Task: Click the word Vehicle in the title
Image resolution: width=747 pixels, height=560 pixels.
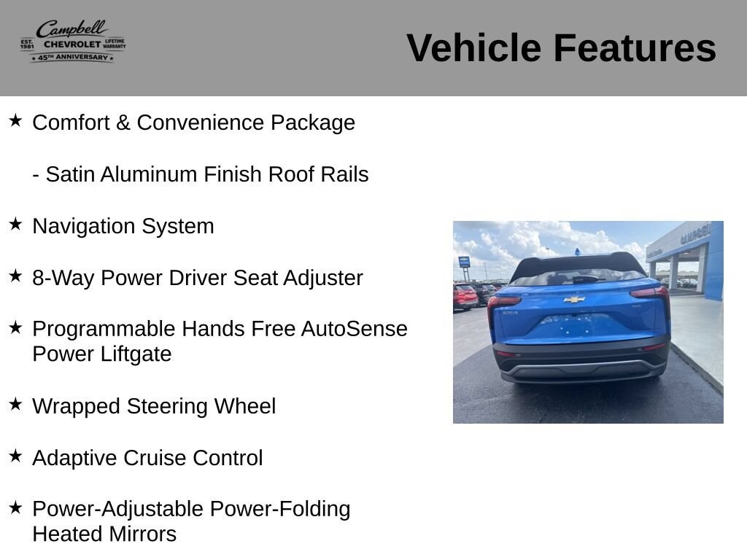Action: [473, 47]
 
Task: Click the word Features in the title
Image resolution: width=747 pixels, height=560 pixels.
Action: [635, 47]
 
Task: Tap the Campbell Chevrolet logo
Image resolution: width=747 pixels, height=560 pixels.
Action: [73, 41]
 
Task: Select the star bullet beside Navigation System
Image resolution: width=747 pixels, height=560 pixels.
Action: [15, 224]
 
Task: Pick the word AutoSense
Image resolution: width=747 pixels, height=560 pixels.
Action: [354, 329]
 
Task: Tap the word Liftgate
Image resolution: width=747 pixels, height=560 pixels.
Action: [136, 354]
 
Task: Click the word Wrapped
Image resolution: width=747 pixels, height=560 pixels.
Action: [76, 407]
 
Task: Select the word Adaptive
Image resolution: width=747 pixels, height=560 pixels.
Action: [74, 458]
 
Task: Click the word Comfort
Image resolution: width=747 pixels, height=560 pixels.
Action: [71, 122]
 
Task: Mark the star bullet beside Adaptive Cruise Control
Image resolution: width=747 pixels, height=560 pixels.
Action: [15, 456]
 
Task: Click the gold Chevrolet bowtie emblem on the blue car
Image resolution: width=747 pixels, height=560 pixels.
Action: [574, 300]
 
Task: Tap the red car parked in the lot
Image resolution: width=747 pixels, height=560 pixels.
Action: [465, 296]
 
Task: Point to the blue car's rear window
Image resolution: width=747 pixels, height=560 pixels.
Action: [578, 276]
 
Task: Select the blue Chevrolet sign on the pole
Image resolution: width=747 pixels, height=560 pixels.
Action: [463, 262]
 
